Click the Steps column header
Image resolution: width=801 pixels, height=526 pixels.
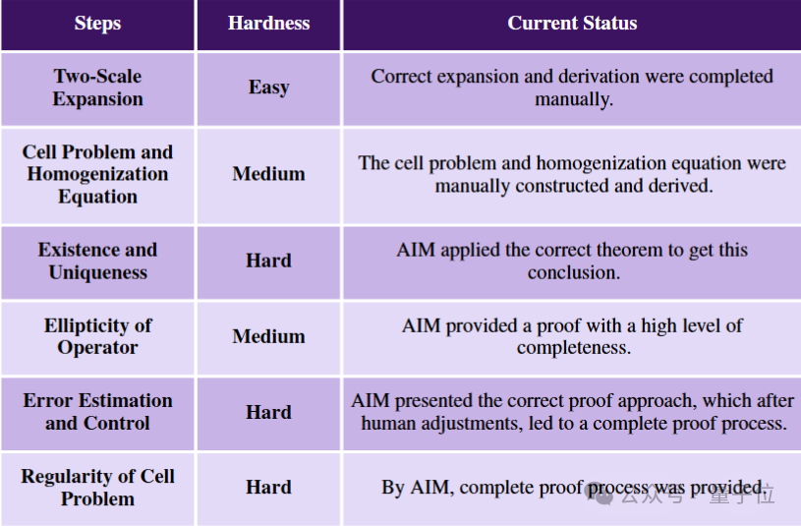point(97,23)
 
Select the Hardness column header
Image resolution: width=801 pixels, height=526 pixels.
point(268,23)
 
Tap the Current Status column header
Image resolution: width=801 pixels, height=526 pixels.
point(572,23)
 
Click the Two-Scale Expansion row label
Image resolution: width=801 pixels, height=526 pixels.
point(97,88)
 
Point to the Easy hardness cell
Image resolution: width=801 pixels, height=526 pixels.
point(268,88)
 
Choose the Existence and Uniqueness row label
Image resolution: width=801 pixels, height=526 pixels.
point(97,261)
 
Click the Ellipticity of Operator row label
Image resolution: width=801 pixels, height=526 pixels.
point(97,336)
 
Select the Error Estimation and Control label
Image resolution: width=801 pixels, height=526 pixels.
point(97,412)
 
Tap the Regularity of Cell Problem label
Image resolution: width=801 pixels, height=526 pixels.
point(97,487)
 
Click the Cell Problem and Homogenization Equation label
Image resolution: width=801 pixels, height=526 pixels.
point(97,174)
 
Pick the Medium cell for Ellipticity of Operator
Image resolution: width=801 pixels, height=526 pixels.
point(268,336)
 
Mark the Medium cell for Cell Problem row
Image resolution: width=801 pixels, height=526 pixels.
point(268,174)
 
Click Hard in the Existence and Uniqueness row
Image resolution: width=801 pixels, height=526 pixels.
point(268,261)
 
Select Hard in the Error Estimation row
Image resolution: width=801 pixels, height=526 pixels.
point(268,412)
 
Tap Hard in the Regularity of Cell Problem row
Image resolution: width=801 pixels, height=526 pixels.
point(268,487)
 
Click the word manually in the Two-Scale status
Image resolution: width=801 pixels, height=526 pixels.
point(574,99)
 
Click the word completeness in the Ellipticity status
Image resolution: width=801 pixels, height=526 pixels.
point(574,348)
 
